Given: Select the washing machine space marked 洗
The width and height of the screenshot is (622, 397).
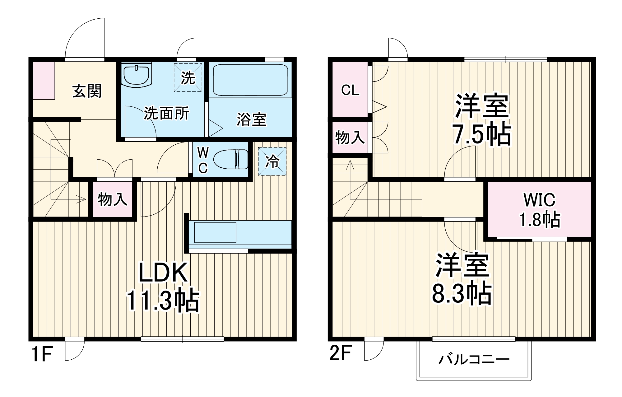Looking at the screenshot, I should click(188, 77).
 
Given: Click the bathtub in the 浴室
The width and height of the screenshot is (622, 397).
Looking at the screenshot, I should click(250, 80).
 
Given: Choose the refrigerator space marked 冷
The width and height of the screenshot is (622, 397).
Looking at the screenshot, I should click(272, 161).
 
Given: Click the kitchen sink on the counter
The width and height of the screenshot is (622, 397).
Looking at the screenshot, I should click(215, 232).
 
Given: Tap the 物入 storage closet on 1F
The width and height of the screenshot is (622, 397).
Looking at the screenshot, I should click(113, 199).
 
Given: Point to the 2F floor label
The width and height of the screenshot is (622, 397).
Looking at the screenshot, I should click(340, 353).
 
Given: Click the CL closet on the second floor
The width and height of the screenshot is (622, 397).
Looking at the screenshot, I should click(350, 90).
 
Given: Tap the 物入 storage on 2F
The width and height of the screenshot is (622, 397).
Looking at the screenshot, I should click(350, 137).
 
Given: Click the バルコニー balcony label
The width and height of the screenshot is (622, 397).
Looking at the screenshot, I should click(474, 360).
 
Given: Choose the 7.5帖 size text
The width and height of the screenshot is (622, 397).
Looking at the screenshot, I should click(482, 135).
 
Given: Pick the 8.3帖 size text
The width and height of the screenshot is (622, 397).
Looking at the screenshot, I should click(462, 293).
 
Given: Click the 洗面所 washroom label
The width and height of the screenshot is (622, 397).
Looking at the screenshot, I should click(166, 114).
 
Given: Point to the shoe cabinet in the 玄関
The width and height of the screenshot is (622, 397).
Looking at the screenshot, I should click(44, 81).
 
